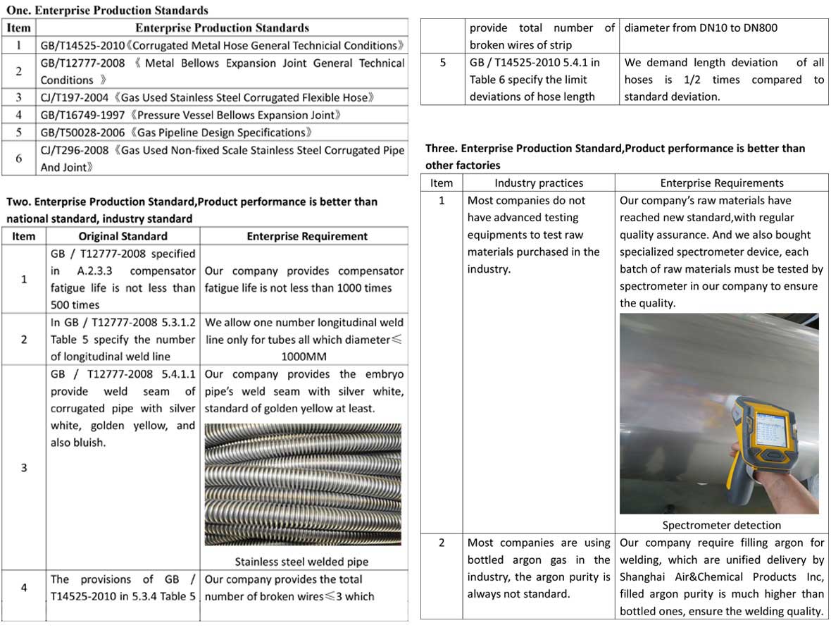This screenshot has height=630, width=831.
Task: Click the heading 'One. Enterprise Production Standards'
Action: click(107, 11)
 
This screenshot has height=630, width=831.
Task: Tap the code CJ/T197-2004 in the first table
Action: click(73, 97)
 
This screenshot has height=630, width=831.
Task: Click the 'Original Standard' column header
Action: click(123, 236)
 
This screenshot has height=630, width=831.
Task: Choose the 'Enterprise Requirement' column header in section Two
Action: click(307, 236)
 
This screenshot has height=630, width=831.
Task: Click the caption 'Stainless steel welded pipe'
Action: click(301, 562)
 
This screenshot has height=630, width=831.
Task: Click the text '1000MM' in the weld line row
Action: click(304, 357)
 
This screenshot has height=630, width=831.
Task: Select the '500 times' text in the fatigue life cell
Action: click(75, 305)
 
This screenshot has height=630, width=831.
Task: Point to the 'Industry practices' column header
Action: click(539, 183)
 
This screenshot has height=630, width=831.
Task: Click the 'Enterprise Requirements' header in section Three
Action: click(722, 183)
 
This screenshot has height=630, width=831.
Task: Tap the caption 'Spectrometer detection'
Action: click(721, 525)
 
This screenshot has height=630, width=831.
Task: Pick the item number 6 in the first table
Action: click(19, 159)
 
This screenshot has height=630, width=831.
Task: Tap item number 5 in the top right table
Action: click(442, 63)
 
